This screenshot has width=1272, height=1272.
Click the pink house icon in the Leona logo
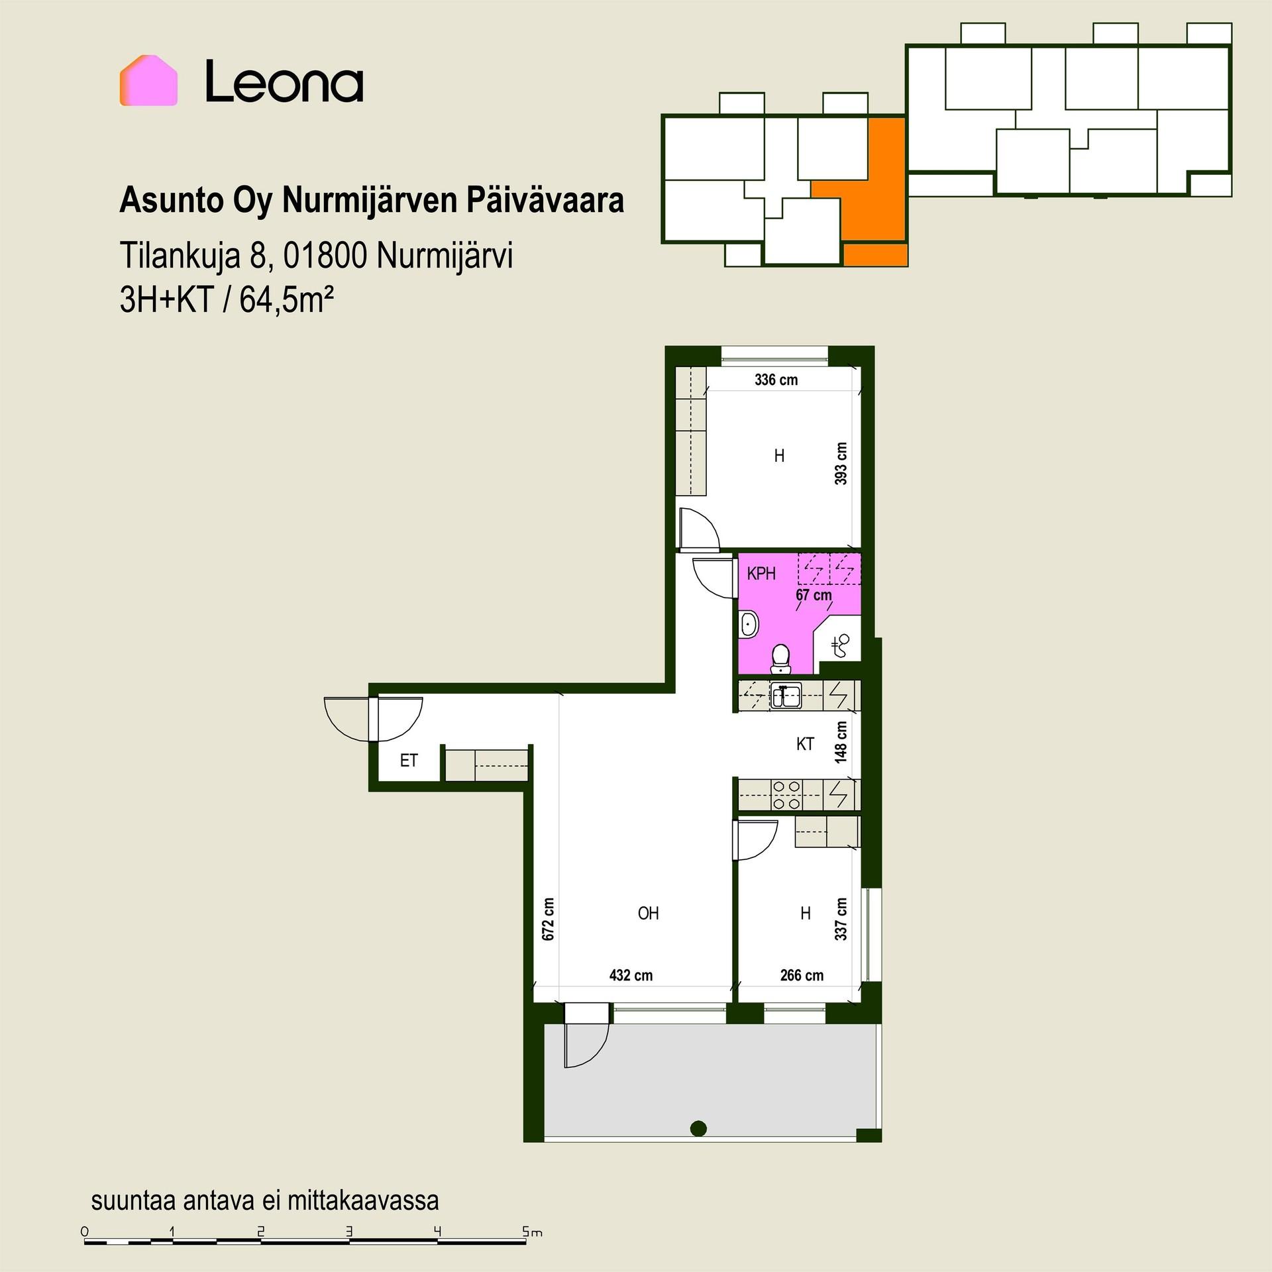click(x=148, y=80)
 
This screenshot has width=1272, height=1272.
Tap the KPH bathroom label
click(x=761, y=574)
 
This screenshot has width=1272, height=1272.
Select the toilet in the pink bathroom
click(x=781, y=659)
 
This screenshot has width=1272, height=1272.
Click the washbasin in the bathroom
click(x=749, y=625)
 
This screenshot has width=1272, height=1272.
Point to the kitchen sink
click(x=786, y=696)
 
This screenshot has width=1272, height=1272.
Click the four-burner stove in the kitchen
click(x=787, y=795)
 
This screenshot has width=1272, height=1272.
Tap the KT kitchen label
click(x=805, y=745)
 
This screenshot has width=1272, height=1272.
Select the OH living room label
click(x=648, y=914)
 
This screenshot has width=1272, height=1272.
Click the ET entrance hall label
click(x=409, y=761)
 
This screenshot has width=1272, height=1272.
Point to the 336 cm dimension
click(x=776, y=380)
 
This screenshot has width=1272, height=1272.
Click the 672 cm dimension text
click(x=548, y=919)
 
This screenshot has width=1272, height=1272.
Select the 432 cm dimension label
click(x=631, y=975)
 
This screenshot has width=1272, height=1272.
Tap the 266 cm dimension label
click(x=802, y=975)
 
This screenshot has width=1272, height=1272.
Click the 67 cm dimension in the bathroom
click(x=814, y=595)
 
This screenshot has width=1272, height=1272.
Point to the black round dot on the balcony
click(x=698, y=1128)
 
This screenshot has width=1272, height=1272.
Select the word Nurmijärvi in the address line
click(x=445, y=256)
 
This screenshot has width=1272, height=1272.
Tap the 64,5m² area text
click(x=286, y=300)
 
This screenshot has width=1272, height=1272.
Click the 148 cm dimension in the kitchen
click(x=841, y=742)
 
